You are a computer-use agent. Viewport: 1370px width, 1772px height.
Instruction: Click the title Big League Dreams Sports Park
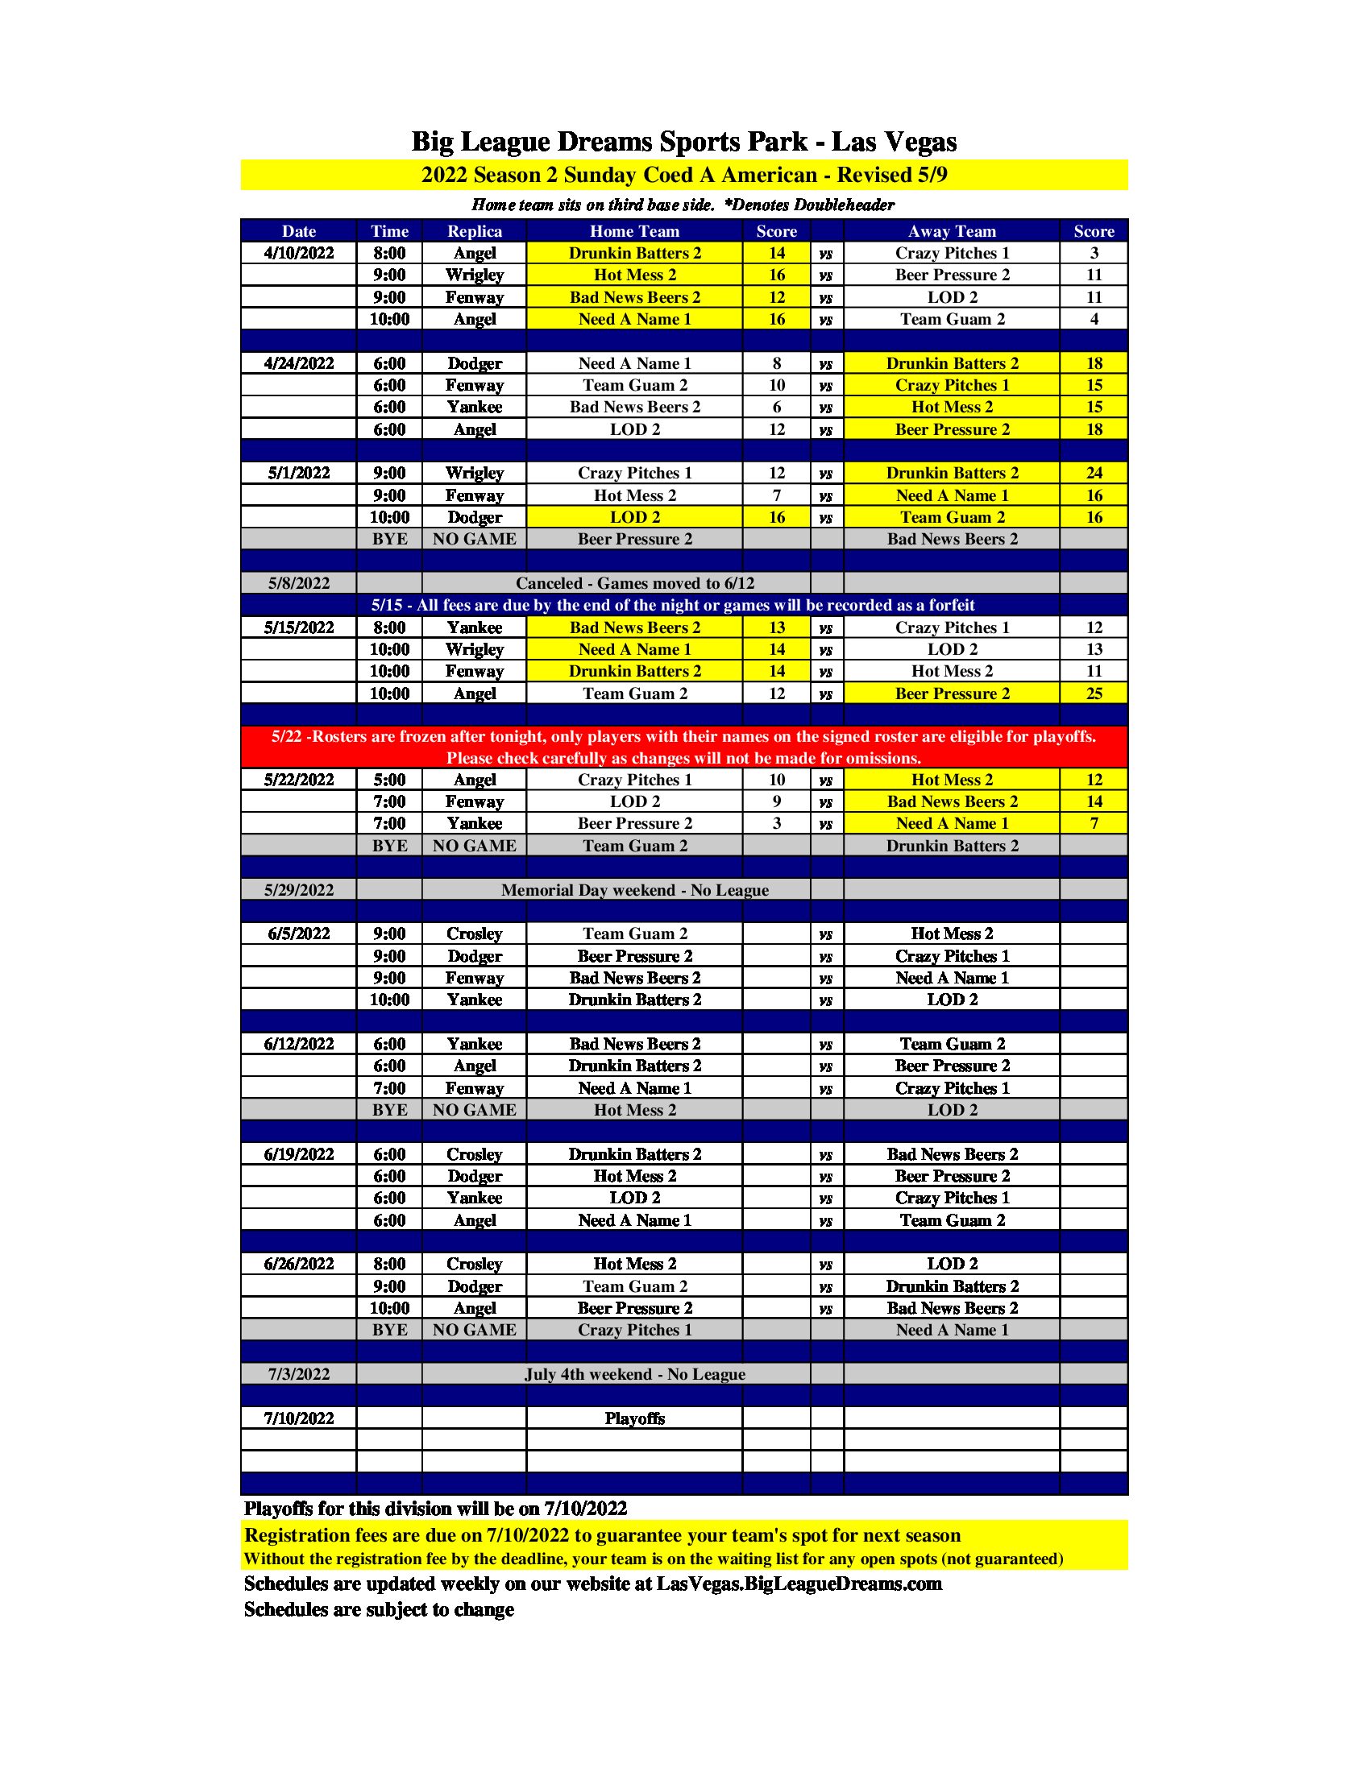(x=683, y=142)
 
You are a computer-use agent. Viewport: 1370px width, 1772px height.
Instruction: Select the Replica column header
(x=474, y=231)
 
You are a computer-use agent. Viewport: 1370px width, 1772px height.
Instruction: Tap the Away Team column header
(x=951, y=231)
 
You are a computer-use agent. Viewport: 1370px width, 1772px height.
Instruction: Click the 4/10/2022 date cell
(x=299, y=253)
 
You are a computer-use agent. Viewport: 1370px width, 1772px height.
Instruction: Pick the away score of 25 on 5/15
(x=1094, y=693)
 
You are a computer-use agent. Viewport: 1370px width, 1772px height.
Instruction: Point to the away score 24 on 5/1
(x=1094, y=473)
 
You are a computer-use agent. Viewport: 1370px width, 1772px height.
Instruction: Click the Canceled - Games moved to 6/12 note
(x=635, y=583)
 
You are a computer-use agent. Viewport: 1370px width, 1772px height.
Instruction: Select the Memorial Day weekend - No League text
(x=635, y=890)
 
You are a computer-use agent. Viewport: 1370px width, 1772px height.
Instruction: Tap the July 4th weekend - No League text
(x=635, y=1374)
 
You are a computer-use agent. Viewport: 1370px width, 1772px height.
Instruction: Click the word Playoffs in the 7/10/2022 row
(x=635, y=1418)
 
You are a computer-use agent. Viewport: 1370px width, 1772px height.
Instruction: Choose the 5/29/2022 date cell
(x=299, y=890)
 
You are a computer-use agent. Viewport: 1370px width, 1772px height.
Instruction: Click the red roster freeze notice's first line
(x=683, y=737)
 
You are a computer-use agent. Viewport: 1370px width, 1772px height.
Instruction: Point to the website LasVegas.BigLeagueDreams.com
(x=799, y=1584)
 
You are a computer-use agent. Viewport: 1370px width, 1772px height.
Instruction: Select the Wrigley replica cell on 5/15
(x=474, y=649)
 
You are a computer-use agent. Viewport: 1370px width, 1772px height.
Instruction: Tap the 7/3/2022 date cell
(x=299, y=1374)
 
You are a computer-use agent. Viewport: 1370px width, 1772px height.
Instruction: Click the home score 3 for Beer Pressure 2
(x=777, y=823)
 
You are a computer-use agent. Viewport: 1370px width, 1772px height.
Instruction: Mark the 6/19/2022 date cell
(x=299, y=1153)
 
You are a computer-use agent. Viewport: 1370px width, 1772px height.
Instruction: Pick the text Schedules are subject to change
(x=379, y=1610)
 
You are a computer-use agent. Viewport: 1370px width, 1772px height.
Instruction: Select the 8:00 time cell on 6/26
(x=389, y=1264)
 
